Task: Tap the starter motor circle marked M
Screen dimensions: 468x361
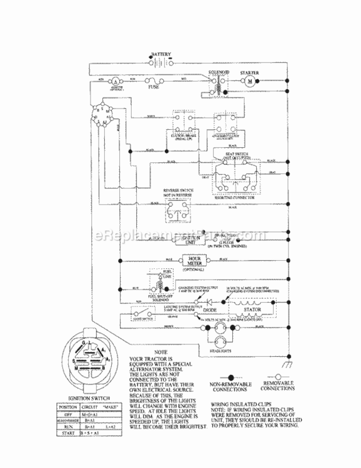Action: [x=249, y=82]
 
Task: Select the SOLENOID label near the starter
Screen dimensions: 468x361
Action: [x=219, y=73]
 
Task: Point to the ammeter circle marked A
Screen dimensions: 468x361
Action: [x=116, y=82]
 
